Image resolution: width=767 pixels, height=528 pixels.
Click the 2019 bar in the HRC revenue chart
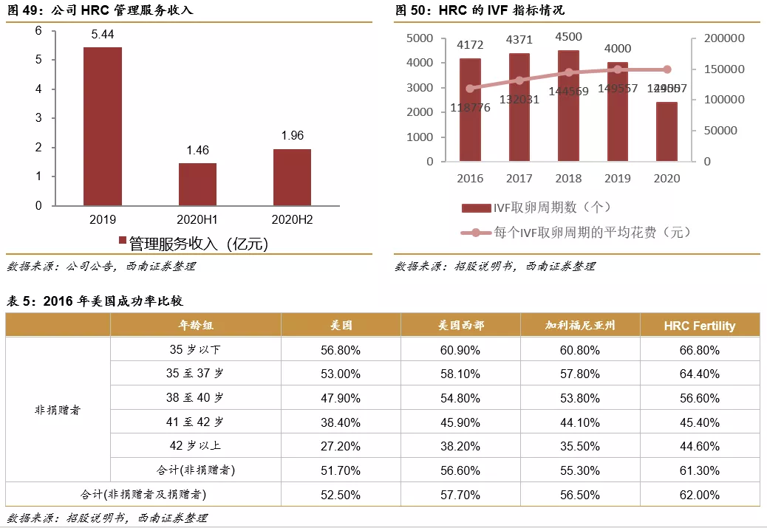click(102, 126)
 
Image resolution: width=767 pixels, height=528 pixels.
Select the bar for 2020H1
click(197, 184)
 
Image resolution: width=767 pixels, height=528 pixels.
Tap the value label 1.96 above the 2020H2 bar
click(292, 136)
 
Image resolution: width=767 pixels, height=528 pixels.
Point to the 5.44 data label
click(102, 35)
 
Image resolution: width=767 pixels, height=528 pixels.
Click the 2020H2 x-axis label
click(292, 219)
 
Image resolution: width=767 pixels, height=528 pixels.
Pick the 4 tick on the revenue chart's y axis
click(38, 89)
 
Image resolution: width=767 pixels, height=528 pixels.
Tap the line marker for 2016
click(470, 89)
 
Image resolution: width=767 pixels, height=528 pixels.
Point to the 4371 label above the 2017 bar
click(519, 40)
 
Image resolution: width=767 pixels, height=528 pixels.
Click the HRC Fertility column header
click(699, 325)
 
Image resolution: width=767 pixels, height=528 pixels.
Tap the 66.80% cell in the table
click(699, 349)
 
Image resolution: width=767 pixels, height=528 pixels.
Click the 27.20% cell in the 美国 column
click(341, 446)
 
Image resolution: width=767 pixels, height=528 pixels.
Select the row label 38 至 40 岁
click(195, 398)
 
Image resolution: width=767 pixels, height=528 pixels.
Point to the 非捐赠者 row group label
click(58, 410)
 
